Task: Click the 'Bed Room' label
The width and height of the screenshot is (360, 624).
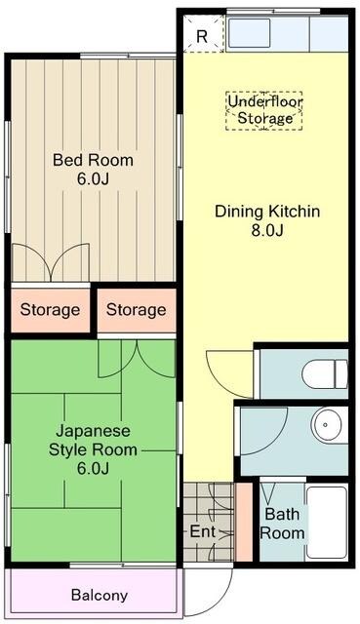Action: (93, 160)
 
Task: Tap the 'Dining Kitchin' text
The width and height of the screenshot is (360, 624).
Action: (267, 211)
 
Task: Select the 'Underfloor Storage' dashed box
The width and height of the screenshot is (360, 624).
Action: (264, 109)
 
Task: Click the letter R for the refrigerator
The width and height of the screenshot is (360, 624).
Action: (201, 36)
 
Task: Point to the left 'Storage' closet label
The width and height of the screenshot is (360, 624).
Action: (50, 310)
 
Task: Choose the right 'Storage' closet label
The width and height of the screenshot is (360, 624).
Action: (136, 310)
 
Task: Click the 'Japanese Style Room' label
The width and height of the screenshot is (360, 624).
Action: (93, 440)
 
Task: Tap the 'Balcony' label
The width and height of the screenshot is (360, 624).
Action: (99, 595)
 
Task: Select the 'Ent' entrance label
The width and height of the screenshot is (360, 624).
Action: (202, 532)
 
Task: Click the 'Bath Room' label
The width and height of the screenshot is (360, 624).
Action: (282, 523)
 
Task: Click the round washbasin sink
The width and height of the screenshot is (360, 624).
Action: (328, 425)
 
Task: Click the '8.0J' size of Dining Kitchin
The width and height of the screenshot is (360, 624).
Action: (267, 230)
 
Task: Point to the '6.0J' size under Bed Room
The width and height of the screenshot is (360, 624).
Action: (93, 179)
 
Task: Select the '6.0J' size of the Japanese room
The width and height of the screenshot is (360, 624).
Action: (93, 469)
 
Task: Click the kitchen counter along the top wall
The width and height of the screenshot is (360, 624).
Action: (287, 33)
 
